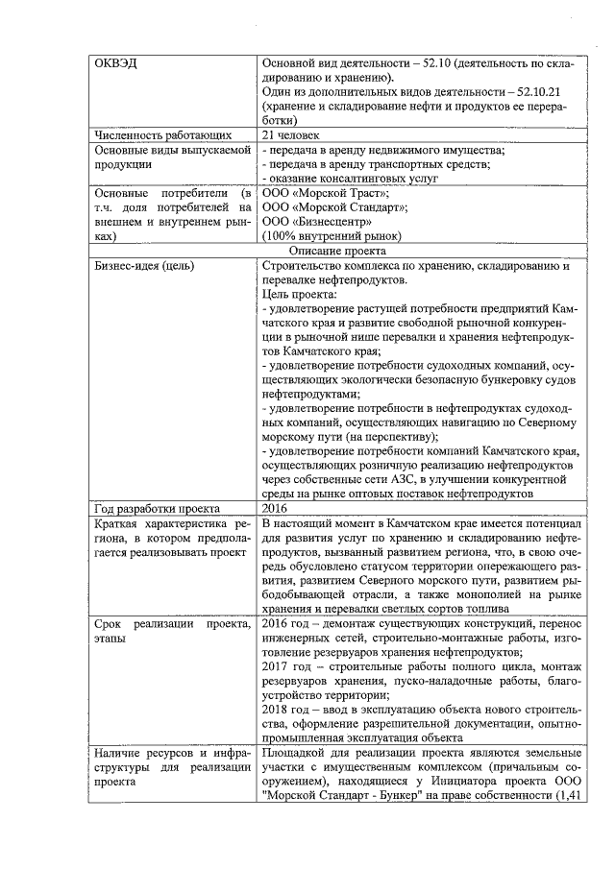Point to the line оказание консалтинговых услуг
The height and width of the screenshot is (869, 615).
coord(352,178)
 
